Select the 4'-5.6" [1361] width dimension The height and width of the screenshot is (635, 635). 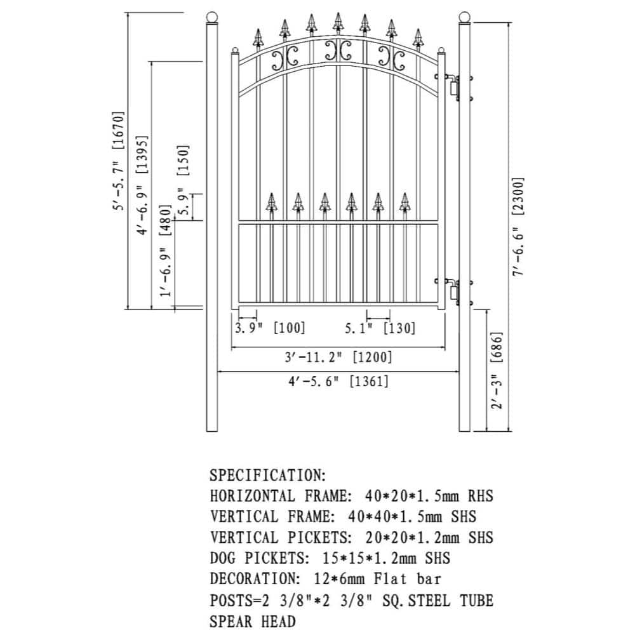pyautogui.click(x=338, y=382)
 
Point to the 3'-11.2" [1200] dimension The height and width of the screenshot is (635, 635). pyautogui.click(x=338, y=357)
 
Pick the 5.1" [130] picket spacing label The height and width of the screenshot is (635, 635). pyautogui.click(x=380, y=328)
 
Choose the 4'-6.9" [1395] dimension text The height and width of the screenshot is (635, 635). pyautogui.click(x=144, y=184)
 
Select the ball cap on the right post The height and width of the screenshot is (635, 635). pyautogui.click(x=465, y=18)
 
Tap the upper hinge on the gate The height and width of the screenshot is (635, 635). pyautogui.click(x=453, y=88)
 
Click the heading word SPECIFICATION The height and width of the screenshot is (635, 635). pyautogui.click(x=267, y=475)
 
